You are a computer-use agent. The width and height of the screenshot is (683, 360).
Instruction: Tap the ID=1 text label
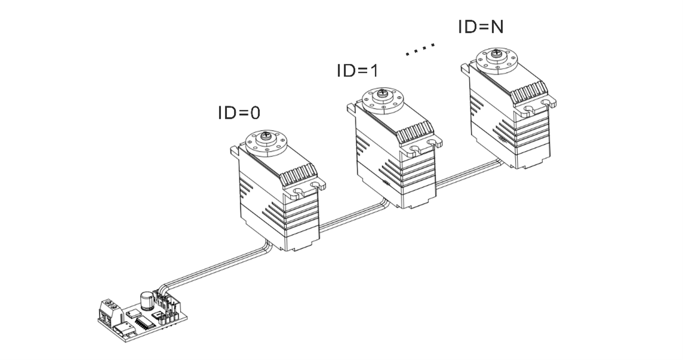pyautogui.click(x=358, y=70)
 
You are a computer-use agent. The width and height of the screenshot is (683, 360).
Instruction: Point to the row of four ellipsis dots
pyautogui.click(x=420, y=50)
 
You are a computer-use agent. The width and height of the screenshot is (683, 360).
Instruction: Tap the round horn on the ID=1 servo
pyautogui.click(x=382, y=99)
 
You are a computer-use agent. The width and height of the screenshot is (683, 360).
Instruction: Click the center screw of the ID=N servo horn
pyautogui.click(x=496, y=56)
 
